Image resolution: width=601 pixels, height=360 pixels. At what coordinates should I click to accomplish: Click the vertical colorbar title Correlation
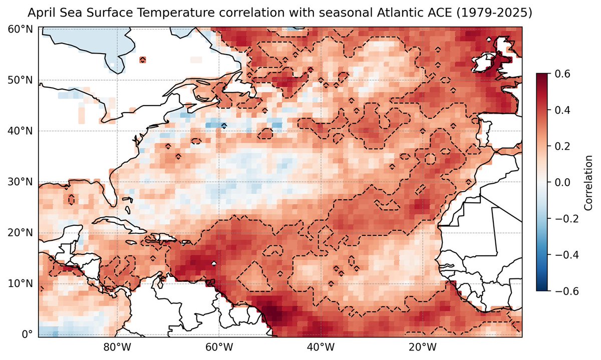point(588,182)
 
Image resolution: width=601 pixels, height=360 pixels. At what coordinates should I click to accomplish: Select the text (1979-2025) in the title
point(493,12)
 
